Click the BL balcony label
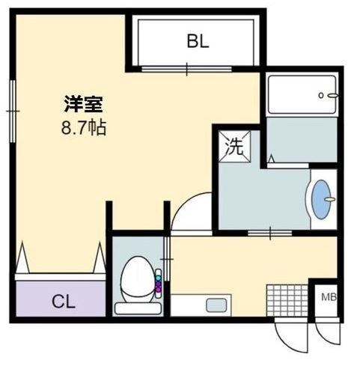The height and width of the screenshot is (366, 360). click(x=198, y=41)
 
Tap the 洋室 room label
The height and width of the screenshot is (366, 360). click(x=84, y=104)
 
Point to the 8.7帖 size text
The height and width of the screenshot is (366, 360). click(x=84, y=127)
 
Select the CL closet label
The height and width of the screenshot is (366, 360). click(x=64, y=302)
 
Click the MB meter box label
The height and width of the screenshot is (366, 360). click(x=329, y=297)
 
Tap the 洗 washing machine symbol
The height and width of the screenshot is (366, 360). click(x=234, y=147)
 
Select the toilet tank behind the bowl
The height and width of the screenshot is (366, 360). click(x=138, y=308)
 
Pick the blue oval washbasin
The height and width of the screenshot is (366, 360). click(x=321, y=200)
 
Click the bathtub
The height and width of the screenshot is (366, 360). click(x=302, y=94)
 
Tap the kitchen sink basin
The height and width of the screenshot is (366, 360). click(x=216, y=305)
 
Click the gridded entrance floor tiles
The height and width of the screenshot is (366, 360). click(x=287, y=300)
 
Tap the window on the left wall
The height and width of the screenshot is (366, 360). click(x=13, y=111)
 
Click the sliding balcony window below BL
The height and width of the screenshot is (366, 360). click(x=186, y=69)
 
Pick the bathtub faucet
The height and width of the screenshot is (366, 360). click(x=329, y=95)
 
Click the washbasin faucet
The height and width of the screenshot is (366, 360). click(x=329, y=199)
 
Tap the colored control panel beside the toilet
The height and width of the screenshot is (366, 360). click(x=158, y=284)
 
